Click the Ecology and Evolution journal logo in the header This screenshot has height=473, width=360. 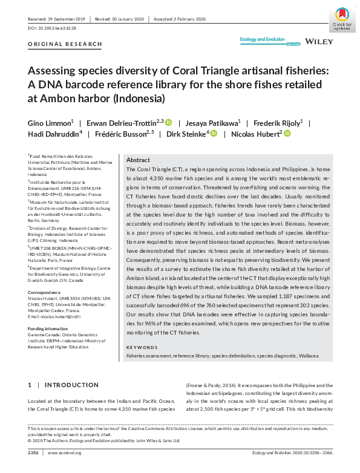pos(262,41)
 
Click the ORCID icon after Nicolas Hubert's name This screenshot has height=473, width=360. pos(287,134)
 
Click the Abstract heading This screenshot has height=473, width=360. pos(138,160)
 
